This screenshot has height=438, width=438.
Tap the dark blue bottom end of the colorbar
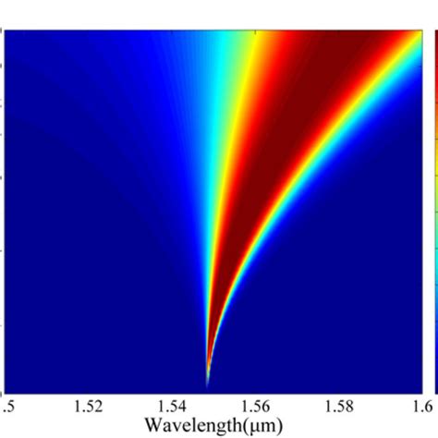(434, 383)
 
